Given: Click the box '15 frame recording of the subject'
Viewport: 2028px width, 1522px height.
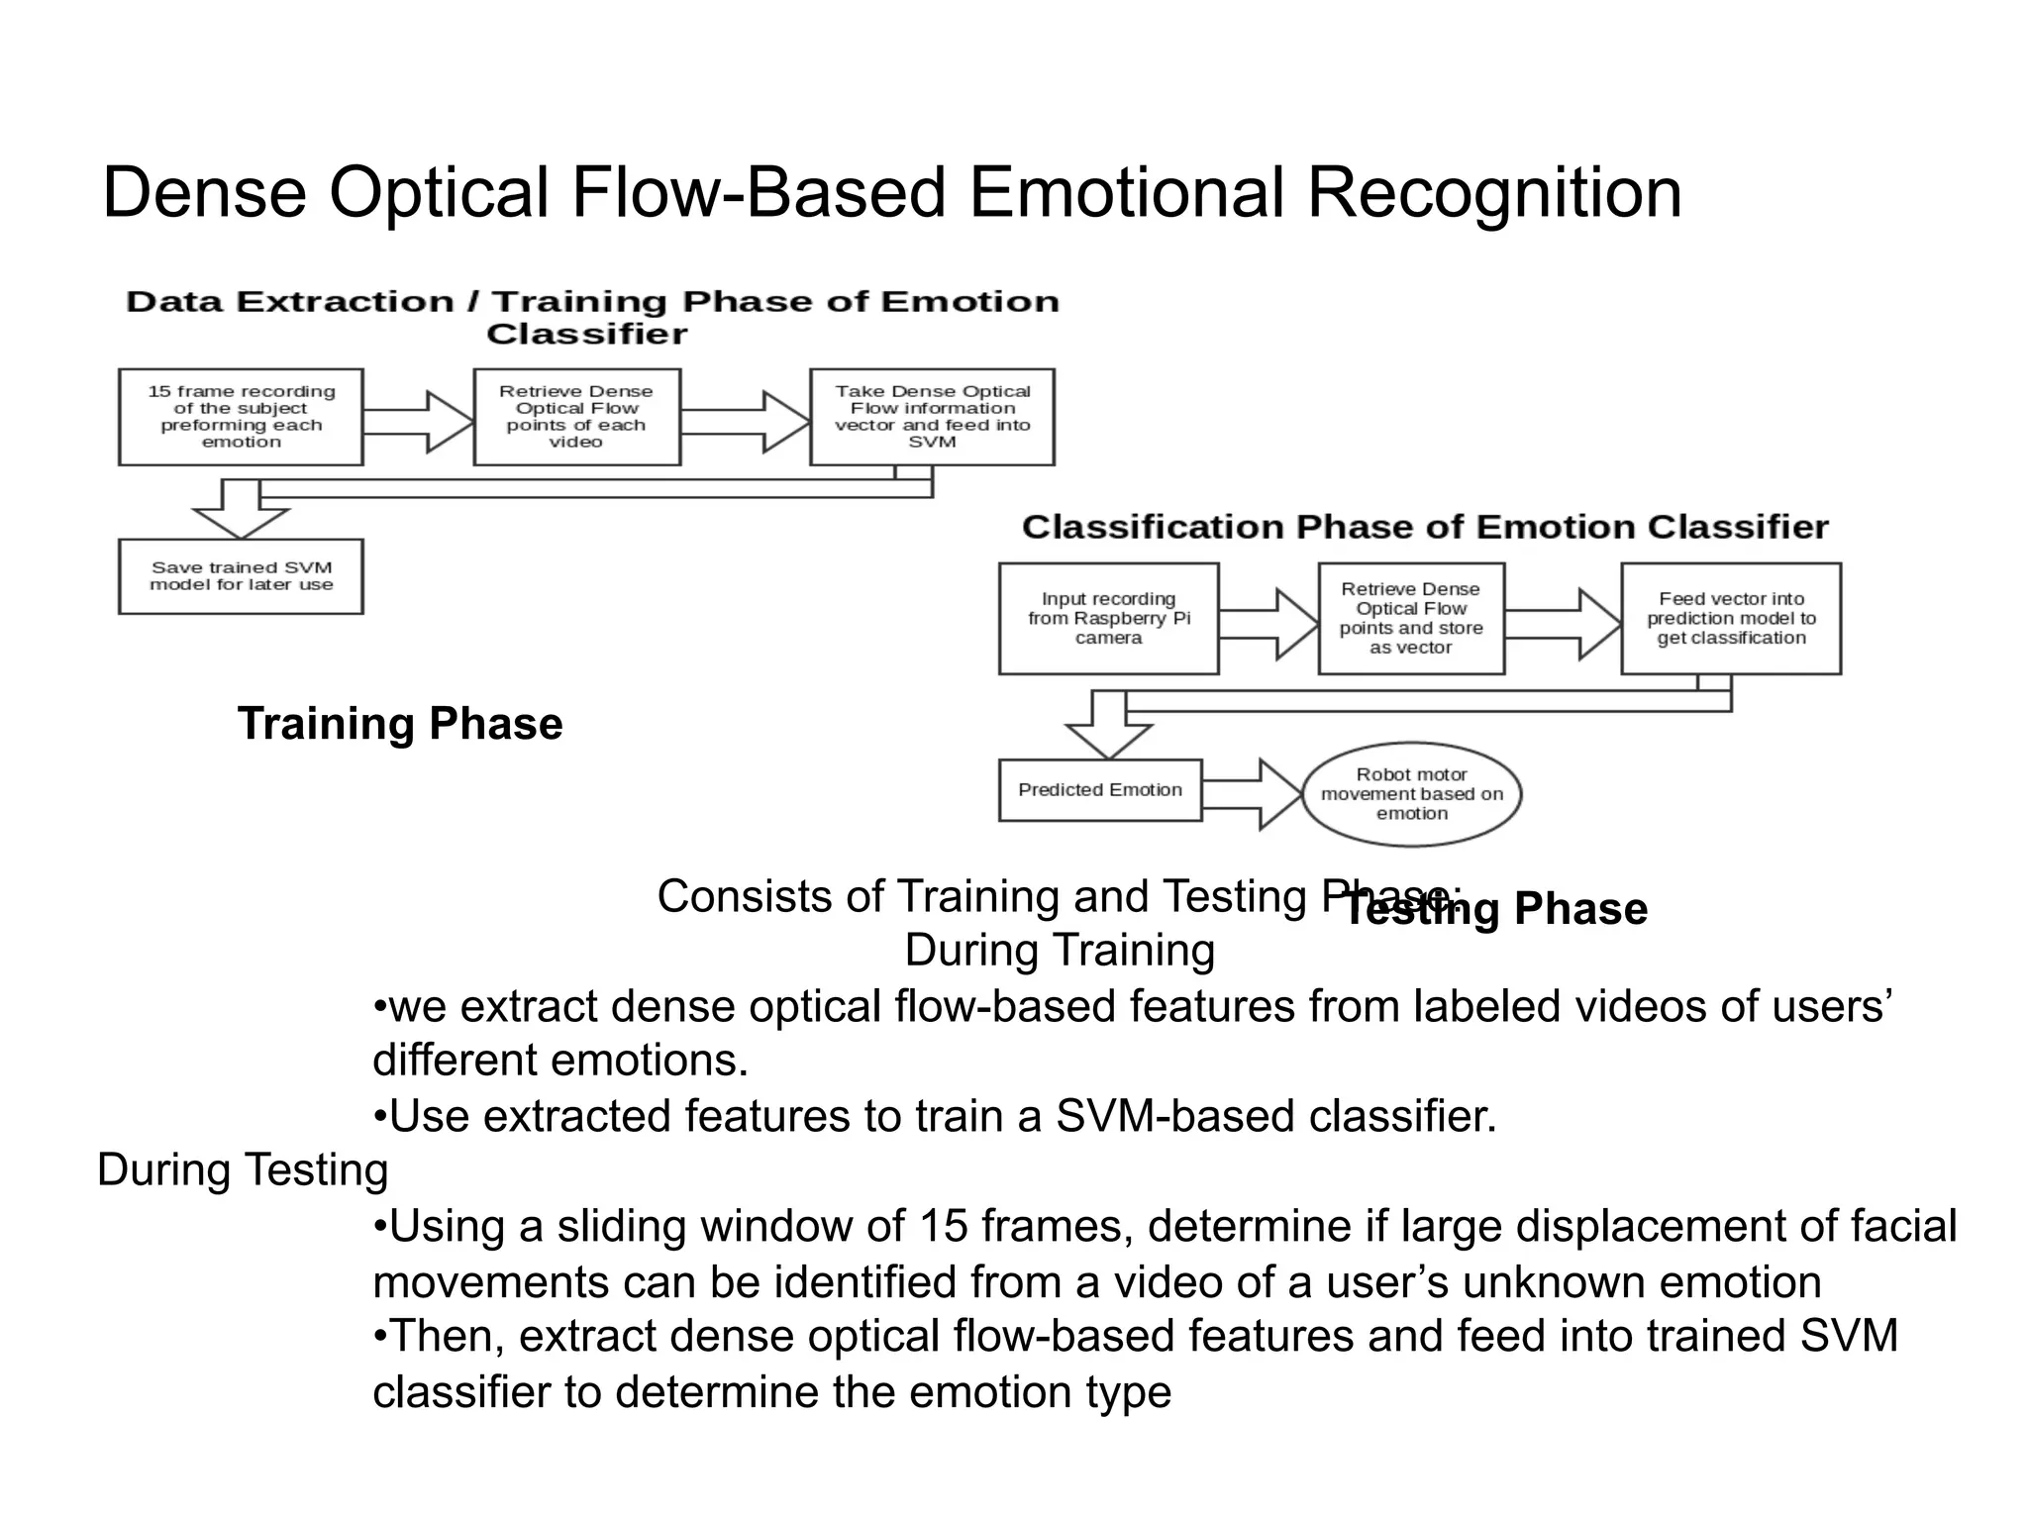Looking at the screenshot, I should click(x=241, y=417).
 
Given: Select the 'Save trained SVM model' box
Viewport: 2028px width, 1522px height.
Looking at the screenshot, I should click(x=241, y=576).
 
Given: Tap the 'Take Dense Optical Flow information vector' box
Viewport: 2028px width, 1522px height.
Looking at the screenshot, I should click(x=932, y=417).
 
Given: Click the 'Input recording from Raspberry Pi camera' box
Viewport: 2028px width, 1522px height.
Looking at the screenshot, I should click(x=1108, y=619).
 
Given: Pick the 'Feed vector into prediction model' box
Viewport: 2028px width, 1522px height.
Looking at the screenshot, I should click(x=1730, y=619).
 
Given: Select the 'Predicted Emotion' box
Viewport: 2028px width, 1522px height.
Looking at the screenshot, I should click(x=1099, y=790).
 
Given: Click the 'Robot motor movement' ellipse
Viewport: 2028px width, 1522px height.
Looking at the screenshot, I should click(x=1411, y=794).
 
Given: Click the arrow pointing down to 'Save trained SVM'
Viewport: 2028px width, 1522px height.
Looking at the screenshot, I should click(x=241, y=511).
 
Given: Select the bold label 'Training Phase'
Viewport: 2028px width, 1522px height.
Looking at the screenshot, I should click(x=400, y=724).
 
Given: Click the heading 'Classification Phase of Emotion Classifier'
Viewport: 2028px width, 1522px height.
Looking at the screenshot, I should click(x=1424, y=527).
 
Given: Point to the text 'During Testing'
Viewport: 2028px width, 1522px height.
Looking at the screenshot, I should click(x=243, y=1170).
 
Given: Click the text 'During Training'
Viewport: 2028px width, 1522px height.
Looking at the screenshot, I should click(x=1060, y=951).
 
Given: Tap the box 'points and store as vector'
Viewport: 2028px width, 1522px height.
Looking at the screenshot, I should click(x=1410, y=619).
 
